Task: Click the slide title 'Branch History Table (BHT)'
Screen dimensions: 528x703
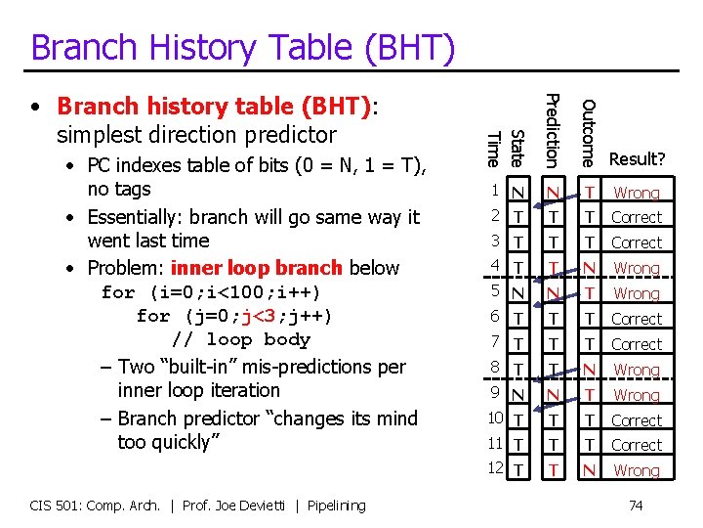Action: pyautogui.click(x=242, y=47)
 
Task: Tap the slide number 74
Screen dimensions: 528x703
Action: pyautogui.click(x=637, y=505)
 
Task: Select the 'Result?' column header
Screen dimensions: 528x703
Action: pyautogui.click(x=637, y=158)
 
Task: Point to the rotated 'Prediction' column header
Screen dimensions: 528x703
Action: pyautogui.click(x=552, y=128)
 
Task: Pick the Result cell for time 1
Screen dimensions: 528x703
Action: pyautogui.click(x=637, y=193)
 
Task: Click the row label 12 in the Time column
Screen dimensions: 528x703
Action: pyautogui.click(x=494, y=468)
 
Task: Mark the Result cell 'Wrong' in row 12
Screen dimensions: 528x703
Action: pyautogui.click(x=637, y=470)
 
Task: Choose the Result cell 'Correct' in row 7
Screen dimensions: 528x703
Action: pyautogui.click(x=637, y=344)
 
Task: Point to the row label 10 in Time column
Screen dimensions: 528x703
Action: pyautogui.click(x=494, y=418)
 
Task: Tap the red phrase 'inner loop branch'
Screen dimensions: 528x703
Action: pyautogui.click(x=256, y=268)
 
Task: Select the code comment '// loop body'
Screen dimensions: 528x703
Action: pyautogui.click(x=240, y=340)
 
